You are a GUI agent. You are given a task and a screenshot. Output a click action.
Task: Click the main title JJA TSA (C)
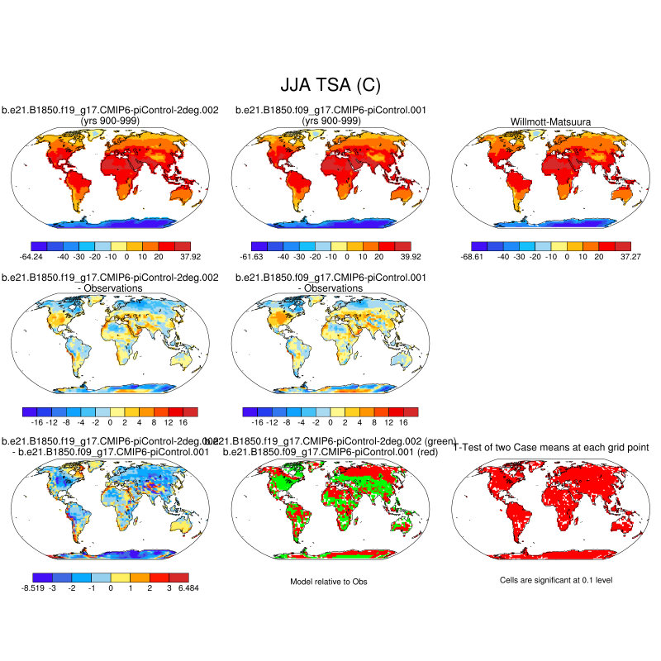coord(330,84)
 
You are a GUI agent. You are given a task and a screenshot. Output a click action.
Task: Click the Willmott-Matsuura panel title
coord(549,121)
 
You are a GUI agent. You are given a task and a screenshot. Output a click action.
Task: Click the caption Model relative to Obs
coord(329,582)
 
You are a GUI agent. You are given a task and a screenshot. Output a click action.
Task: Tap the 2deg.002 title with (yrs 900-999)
coord(110,116)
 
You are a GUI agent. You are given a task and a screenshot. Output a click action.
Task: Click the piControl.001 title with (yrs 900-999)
coord(330,116)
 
